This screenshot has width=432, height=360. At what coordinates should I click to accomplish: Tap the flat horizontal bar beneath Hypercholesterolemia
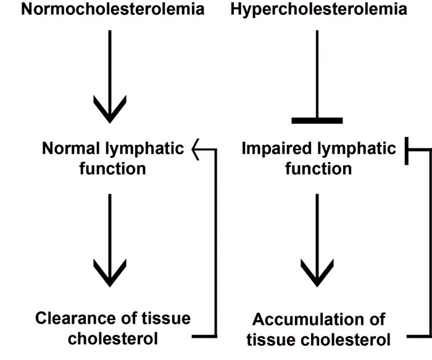point(317,120)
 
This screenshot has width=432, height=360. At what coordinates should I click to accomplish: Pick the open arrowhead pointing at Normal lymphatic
point(196,149)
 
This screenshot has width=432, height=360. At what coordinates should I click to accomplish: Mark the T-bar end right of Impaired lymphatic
point(408,149)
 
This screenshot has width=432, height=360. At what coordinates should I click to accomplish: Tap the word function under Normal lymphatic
point(112,168)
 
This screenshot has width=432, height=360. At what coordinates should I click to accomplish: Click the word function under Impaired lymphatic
point(318,168)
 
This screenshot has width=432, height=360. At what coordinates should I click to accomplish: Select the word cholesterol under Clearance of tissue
point(112,338)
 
